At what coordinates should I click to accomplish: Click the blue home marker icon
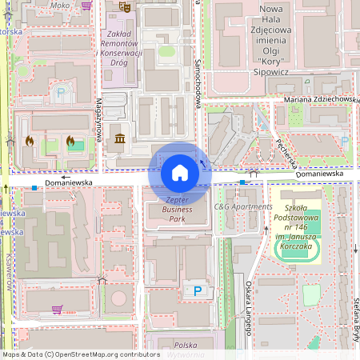180,172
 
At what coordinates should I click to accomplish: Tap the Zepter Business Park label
177,209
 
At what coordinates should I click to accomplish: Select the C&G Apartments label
243,206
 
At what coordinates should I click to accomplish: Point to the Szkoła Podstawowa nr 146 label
296,216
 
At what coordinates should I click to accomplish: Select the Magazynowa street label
98,119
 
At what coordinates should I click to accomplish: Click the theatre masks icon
125,6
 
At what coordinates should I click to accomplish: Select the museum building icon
120,141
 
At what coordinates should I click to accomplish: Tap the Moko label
60,5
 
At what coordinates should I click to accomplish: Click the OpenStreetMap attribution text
81,354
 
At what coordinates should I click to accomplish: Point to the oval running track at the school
297,250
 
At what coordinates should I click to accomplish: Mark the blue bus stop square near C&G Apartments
242,183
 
